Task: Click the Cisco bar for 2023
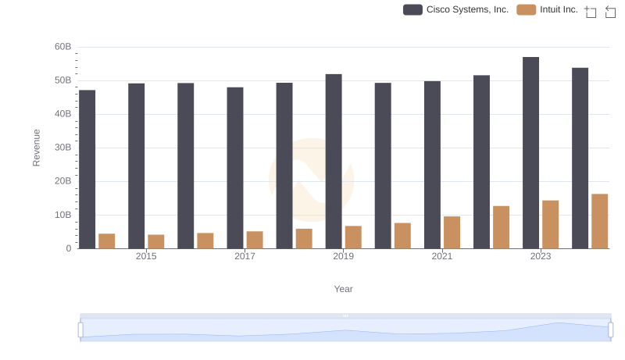pyautogui.click(x=531, y=153)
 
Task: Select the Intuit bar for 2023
pyautogui.click(x=551, y=225)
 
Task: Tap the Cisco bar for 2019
pyautogui.click(x=334, y=162)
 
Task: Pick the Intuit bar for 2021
pyautogui.click(x=452, y=233)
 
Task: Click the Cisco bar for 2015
pyautogui.click(x=137, y=166)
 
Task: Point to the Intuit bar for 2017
pyautogui.click(x=255, y=240)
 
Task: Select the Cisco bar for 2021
pyautogui.click(x=432, y=165)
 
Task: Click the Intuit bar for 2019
pyautogui.click(x=353, y=237)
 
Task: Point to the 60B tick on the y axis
pyautogui.click(x=63, y=47)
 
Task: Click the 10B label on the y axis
pyautogui.click(x=63, y=215)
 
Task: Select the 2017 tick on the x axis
pyautogui.click(x=245, y=256)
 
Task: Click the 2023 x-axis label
pyautogui.click(x=541, y=256)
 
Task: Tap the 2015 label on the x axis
pyautogui.click(x=146, y=256)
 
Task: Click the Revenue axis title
pyautogui.click(x=36, y=148)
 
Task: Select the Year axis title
pyautogui.click(x=344, y=289)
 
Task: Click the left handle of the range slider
pyautogui.click(x=80, y=330)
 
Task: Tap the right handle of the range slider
pyautogui.click(x=610, y=330)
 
